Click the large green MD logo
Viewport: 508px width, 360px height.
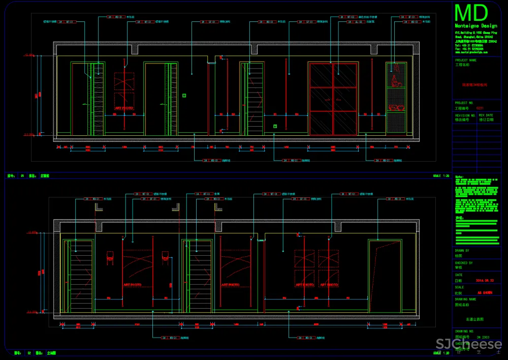coord(471,14)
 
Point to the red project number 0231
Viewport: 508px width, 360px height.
coord(480,108)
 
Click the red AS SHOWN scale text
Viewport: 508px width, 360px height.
coord(485,293)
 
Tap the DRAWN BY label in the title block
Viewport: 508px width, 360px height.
coord(462,251)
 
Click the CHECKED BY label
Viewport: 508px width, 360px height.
coord(463,263)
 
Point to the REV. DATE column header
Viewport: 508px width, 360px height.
coord(486,115)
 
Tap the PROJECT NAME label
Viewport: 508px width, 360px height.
coord(465,60)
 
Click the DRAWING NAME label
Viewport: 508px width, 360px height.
coord(465,299)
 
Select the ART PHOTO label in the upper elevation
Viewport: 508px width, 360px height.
coord(124,108)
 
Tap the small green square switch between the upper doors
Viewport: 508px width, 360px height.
coord(184,95)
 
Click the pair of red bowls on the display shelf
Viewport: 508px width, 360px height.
coord(396,107)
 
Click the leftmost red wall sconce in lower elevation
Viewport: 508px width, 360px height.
coord(109,258)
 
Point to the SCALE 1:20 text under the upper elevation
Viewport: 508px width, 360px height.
coord(441,176)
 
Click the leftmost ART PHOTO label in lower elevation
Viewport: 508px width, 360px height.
coord(132,285)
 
